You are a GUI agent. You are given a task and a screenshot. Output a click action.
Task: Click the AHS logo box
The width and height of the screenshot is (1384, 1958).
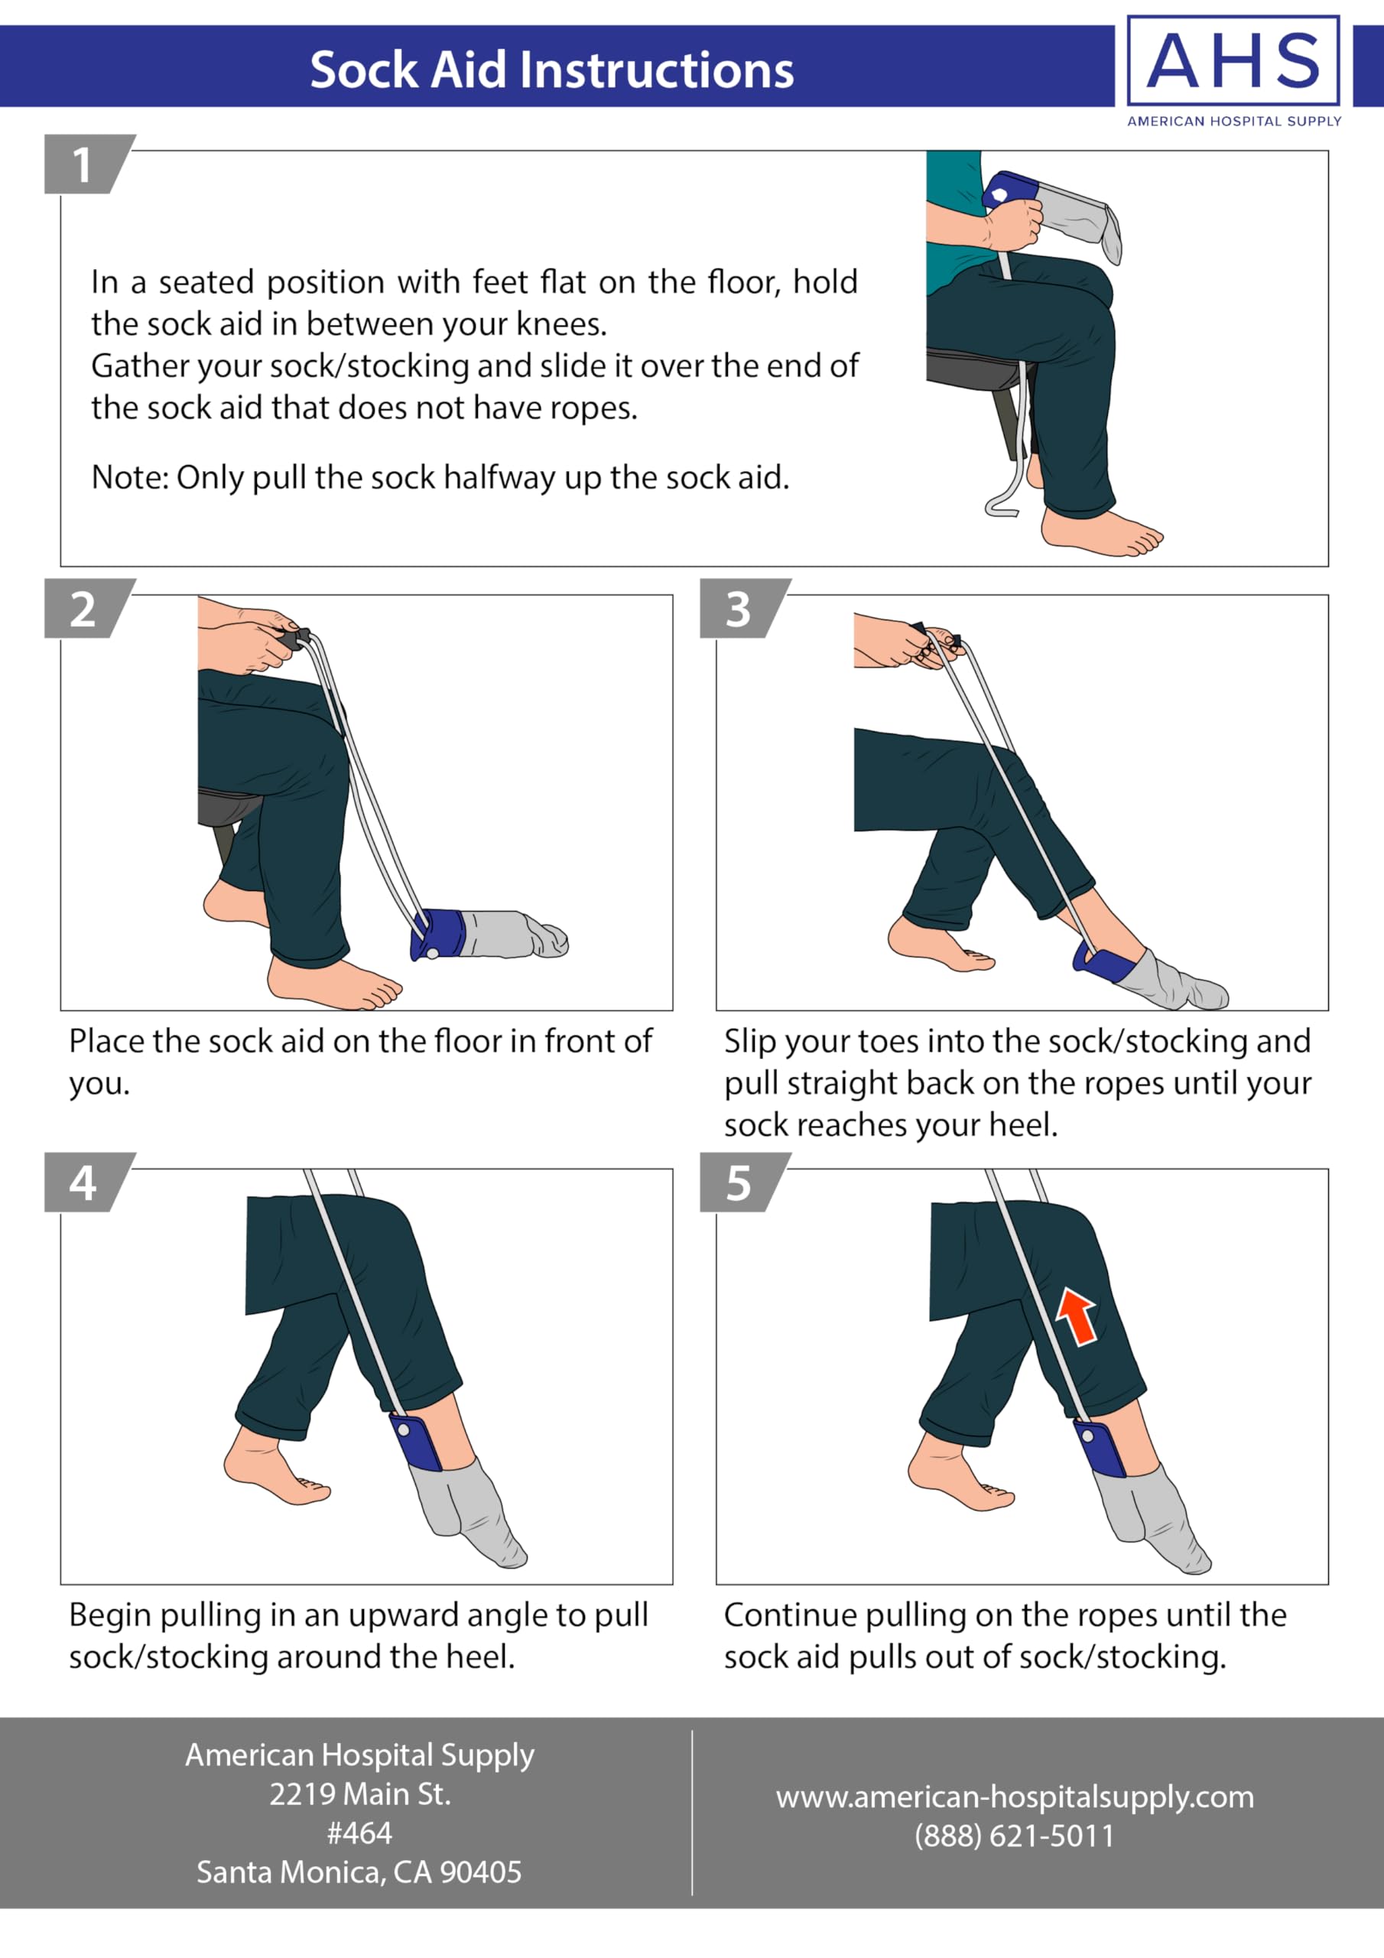[x=1233, y=60]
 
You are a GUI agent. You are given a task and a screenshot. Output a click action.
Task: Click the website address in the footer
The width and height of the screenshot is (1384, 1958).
[x=1015, y=1797]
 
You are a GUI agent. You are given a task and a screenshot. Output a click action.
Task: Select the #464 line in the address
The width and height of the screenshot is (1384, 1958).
[x=360, y=1833]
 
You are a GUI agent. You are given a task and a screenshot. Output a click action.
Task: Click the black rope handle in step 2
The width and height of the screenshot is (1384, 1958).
[x=296, y=636]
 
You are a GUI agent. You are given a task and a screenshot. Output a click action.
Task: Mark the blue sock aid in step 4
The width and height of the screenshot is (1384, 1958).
[x=416, y=1441]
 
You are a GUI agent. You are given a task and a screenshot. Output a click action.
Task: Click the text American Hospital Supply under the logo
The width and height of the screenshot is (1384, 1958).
[x=1234, y=121]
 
